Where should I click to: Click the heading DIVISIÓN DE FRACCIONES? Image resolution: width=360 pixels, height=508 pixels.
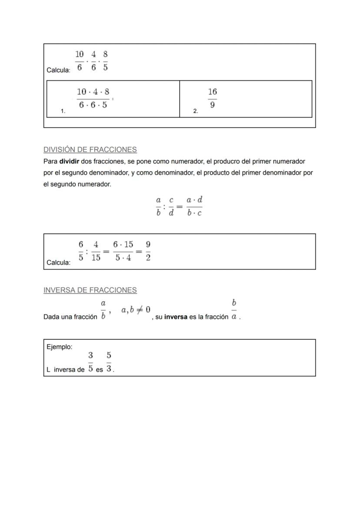click(x=90, y=150)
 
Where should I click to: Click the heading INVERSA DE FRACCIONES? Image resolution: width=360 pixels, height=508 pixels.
click(x=90, y=290)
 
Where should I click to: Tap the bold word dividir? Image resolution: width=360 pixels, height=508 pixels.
click(x=69, y=162)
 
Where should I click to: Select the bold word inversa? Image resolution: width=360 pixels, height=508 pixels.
click(x=176, y=317)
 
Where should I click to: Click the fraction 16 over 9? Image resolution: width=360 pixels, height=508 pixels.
click(x=212, y=98)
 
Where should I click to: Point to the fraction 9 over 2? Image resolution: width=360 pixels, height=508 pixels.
click(x=148, y=251)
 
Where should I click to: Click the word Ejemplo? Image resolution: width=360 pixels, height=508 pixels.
click(x=59, y=347)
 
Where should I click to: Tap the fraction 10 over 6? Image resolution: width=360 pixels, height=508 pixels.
click(x=80, y=60)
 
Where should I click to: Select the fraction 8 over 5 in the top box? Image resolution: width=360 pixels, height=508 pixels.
click(x=106, y=60)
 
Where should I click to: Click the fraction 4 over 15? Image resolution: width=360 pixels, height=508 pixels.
click(x=96, y=251)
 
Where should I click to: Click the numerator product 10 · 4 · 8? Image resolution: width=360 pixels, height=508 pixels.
click(x=93, y=92)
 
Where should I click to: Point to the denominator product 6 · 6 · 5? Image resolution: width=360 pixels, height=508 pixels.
click(x=93, y=105)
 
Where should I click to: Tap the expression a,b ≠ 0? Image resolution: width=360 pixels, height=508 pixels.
click(x=136, y=310)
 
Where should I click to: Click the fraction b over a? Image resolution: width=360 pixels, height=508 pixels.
click(x=234, y=309)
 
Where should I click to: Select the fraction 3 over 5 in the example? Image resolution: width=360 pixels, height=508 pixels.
click(x=90, y=362)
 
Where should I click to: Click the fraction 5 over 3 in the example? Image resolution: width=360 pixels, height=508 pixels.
click(x=109, y=362)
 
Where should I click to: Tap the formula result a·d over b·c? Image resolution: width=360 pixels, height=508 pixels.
click(x=194, y=206)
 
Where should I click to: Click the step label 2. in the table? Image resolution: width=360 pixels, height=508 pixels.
click(x=196, y=111)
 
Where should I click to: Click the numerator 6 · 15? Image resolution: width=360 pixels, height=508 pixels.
click(x=123, y=244)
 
